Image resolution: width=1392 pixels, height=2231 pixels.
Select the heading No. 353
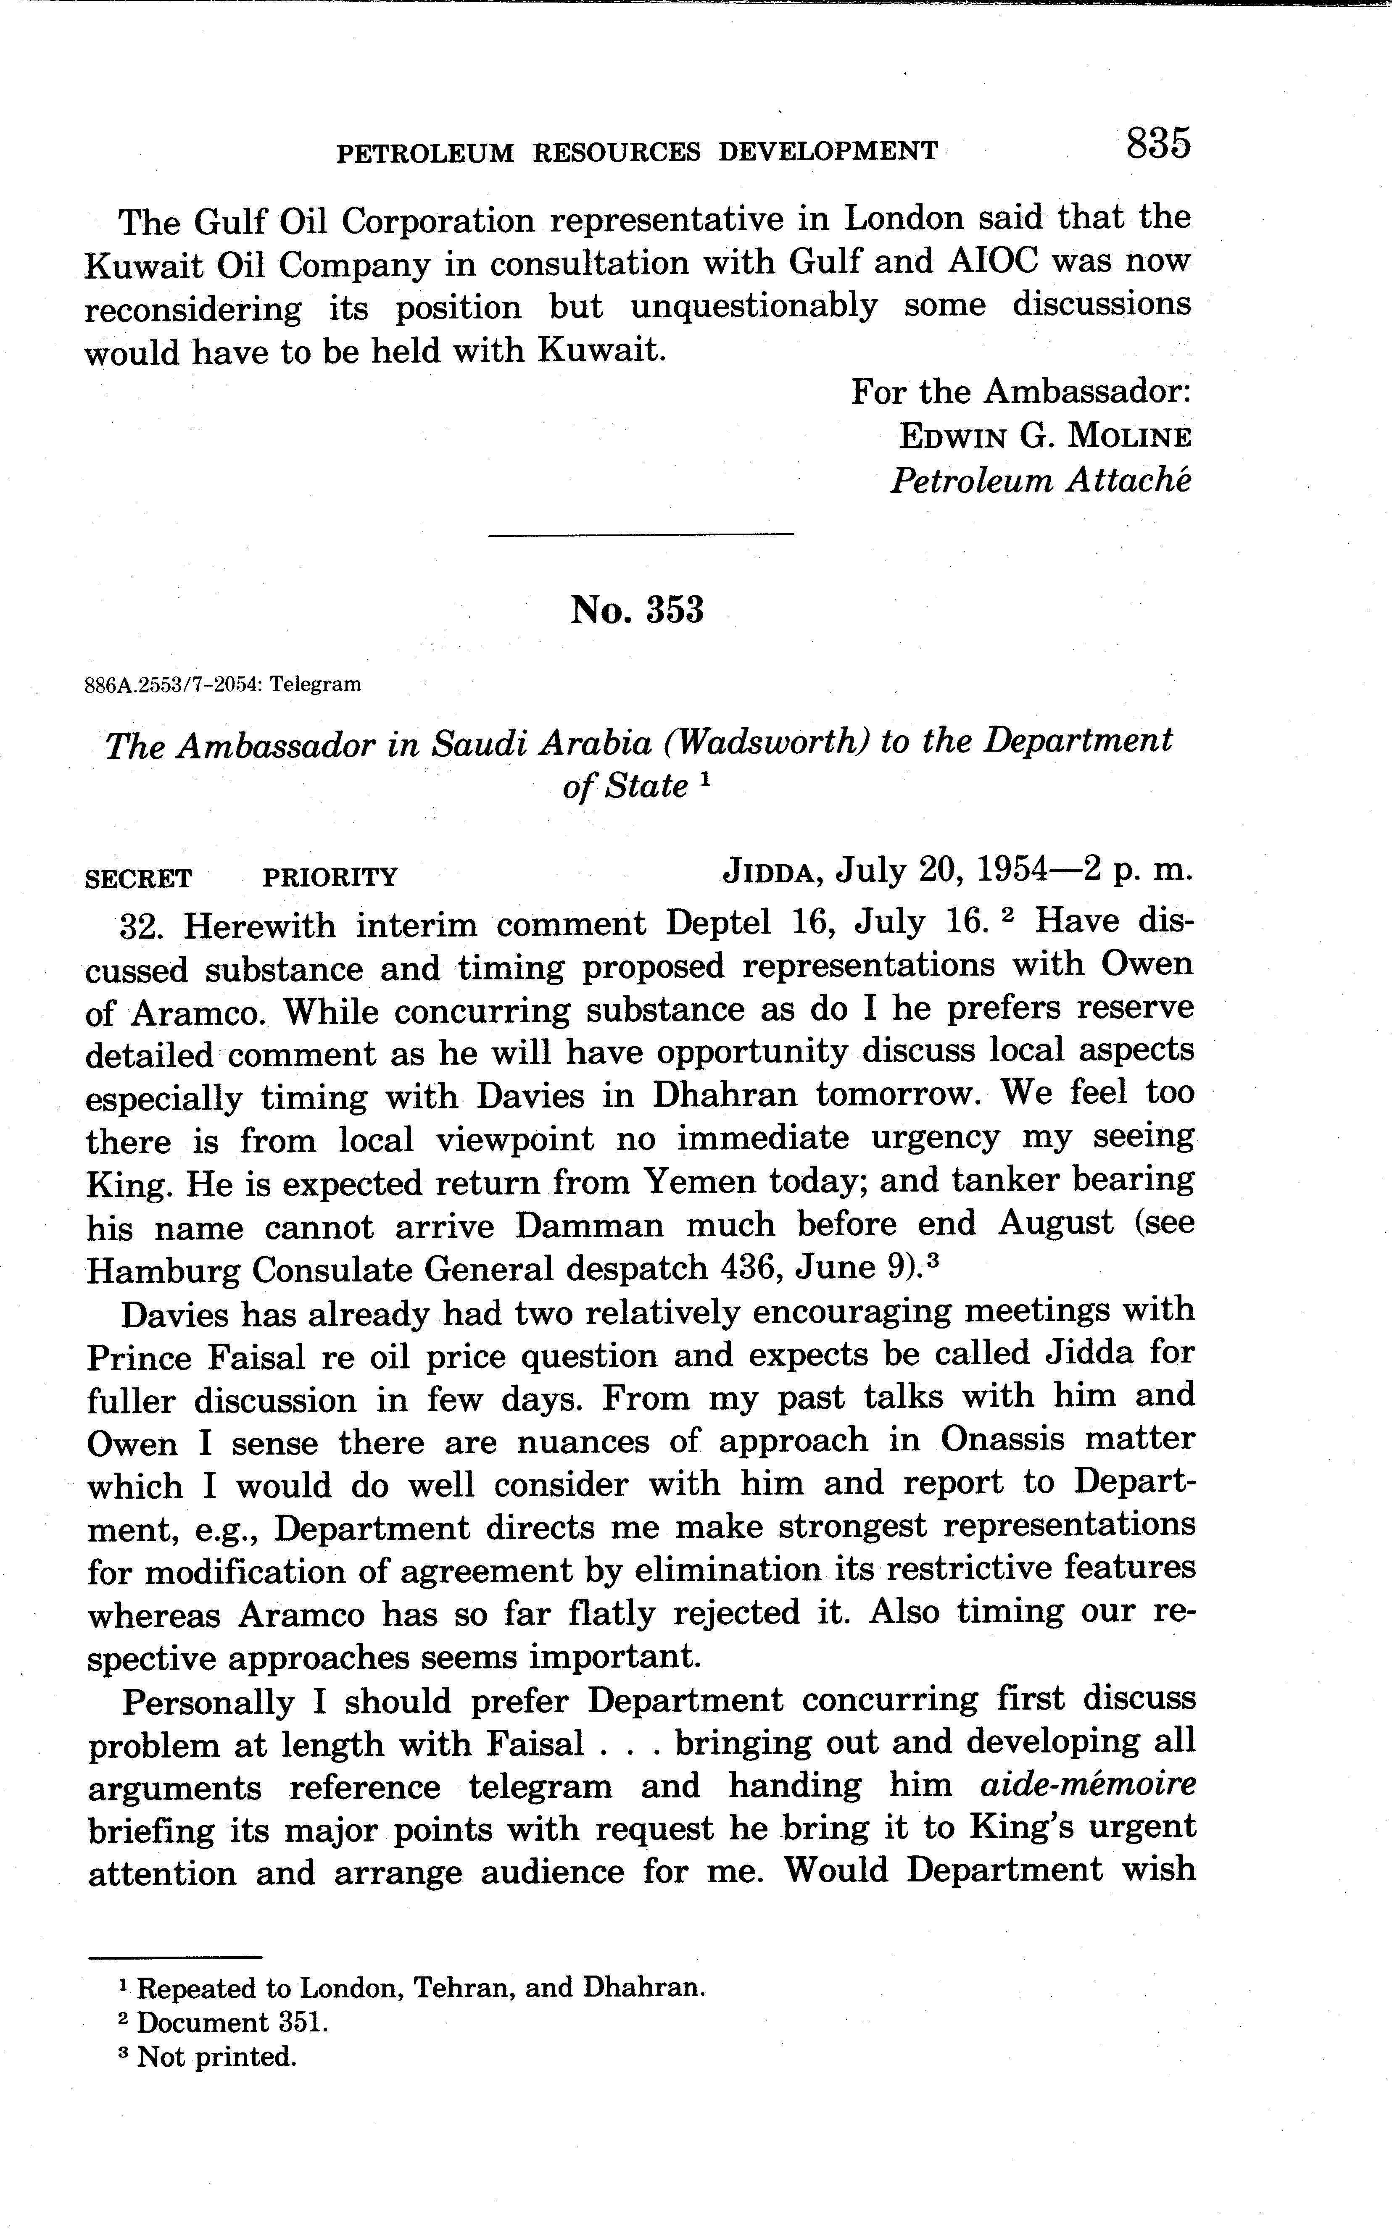click(x=637, y=609)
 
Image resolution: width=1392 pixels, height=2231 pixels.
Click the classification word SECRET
click(x=138, y=878)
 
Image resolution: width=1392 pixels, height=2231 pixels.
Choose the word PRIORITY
click(x=330, y=878)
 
